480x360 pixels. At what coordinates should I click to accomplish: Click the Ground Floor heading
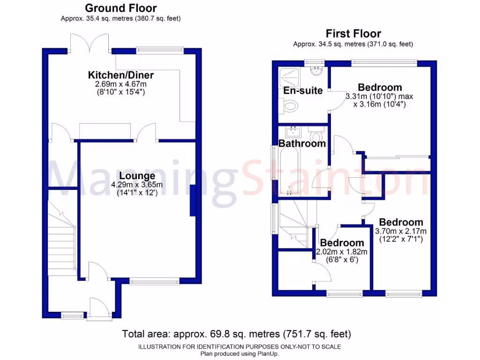pyautogui.click(x=120, y=8)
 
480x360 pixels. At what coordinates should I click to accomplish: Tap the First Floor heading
pyautogui.click(x=353, y=33)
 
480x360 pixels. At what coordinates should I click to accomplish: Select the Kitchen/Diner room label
pyautogui.click(x=120, y=75)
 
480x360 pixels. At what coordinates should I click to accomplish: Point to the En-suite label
pyautogui.click(x=303, y=90)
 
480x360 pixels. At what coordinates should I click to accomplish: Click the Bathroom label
pyautogui.click(x=302, y=143)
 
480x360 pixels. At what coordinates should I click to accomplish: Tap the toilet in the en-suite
pyautogui.click(x=290, y=107)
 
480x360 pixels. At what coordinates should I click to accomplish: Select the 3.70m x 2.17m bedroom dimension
pyautogui.click(x=401, y=231)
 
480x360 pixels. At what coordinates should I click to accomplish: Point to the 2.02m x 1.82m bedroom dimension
pyautogui.click(x=341, y=252)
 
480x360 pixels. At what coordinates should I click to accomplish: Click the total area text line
pyautogui.click(x=236, y=334)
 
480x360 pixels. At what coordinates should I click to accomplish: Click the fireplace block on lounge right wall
pyautogui.click(x=192, y=200)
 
